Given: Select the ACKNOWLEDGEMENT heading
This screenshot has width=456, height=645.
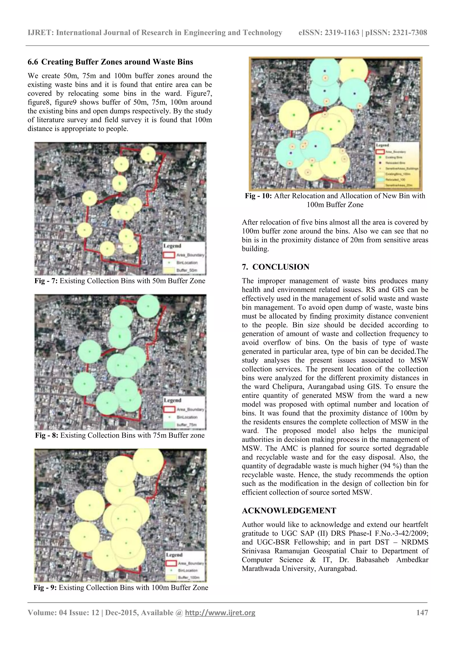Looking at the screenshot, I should [289, 510].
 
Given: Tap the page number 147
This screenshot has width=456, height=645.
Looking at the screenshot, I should [422, 612].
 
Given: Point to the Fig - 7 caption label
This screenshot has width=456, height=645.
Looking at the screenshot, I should [46, 281].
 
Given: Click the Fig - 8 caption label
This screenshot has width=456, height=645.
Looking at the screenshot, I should [46, 435].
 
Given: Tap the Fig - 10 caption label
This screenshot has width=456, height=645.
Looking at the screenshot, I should [258, 196].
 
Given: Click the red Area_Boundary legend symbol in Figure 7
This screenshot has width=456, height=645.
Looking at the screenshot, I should [169, 255].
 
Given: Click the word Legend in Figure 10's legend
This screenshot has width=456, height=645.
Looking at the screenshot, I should [383, 145].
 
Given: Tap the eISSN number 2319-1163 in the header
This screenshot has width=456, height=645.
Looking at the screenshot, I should [341, 33].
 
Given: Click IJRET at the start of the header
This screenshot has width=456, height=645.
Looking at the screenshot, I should [41, 33].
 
